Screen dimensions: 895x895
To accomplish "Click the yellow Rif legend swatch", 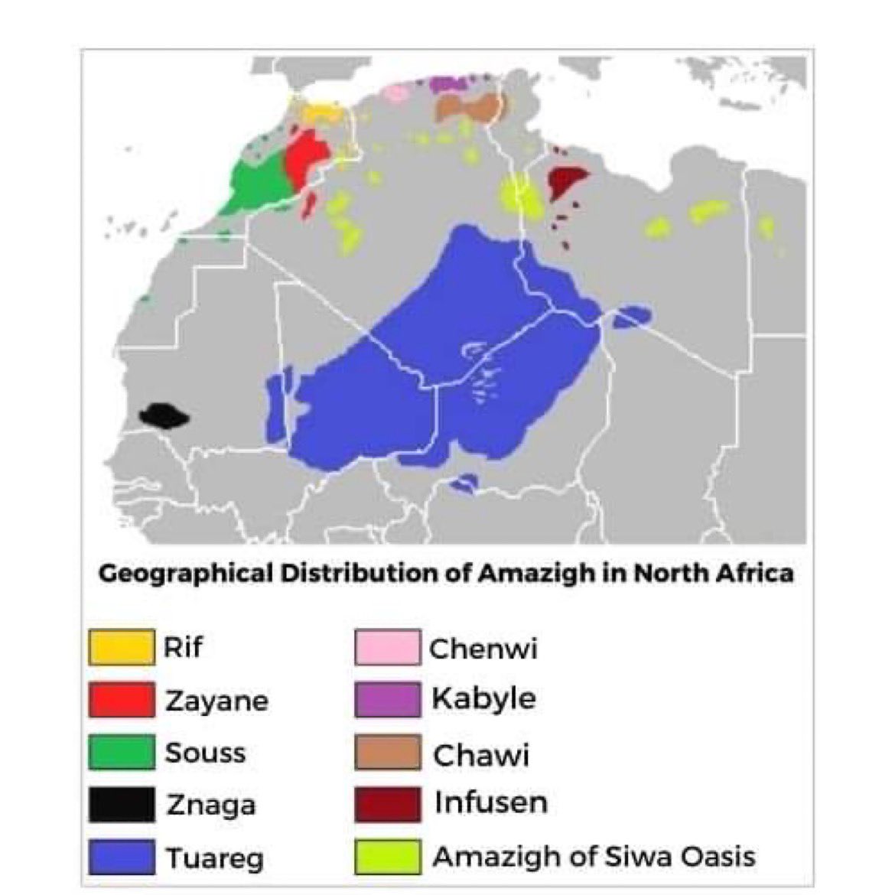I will point(121,646).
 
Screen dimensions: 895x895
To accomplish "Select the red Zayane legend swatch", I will point(121,699).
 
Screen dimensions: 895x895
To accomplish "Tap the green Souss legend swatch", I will point(121,752).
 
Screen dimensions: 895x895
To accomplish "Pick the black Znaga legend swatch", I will point(121,805).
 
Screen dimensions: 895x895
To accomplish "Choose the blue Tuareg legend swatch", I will point(121,857).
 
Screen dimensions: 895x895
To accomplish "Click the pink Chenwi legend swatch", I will point(387,647).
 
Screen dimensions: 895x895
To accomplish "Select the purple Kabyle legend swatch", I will point(387,699).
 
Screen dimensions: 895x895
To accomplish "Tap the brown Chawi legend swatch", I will point(387,753).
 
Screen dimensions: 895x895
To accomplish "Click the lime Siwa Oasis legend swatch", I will point(387,857).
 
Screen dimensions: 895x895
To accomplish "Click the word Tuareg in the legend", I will point(214,858).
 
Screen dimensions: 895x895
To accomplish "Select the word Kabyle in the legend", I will point(483,699).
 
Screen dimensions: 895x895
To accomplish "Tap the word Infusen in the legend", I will point(490,803).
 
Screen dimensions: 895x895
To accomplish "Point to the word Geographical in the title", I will point(185,574).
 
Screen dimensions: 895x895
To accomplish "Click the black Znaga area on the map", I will point(163,416).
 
